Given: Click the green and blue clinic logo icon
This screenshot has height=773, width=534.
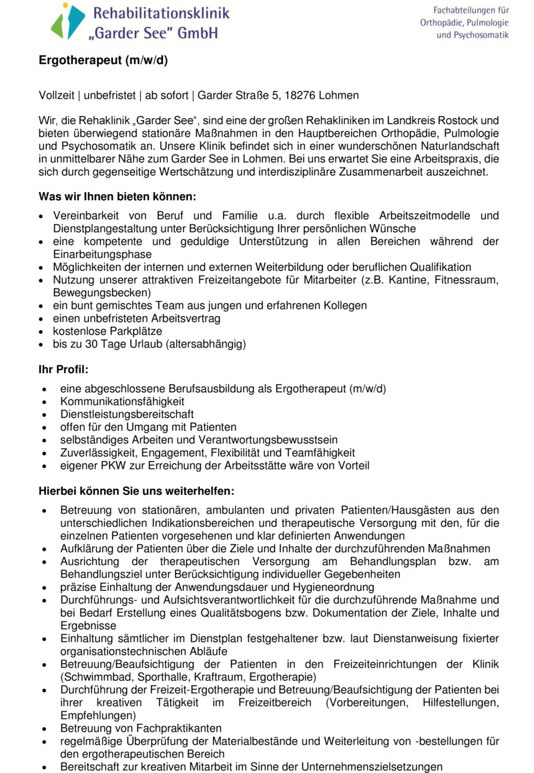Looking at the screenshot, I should point(67,21).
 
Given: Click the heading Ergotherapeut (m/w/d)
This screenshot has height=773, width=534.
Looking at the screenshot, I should point(102,61).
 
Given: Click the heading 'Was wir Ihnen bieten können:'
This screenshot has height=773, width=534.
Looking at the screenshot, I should point(117,197).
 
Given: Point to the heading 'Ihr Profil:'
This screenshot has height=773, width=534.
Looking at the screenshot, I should point(63,369).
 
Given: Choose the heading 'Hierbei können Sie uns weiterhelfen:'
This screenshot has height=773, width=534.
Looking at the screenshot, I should point(136,492).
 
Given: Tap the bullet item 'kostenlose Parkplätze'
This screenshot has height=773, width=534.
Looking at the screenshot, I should point(107,331).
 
